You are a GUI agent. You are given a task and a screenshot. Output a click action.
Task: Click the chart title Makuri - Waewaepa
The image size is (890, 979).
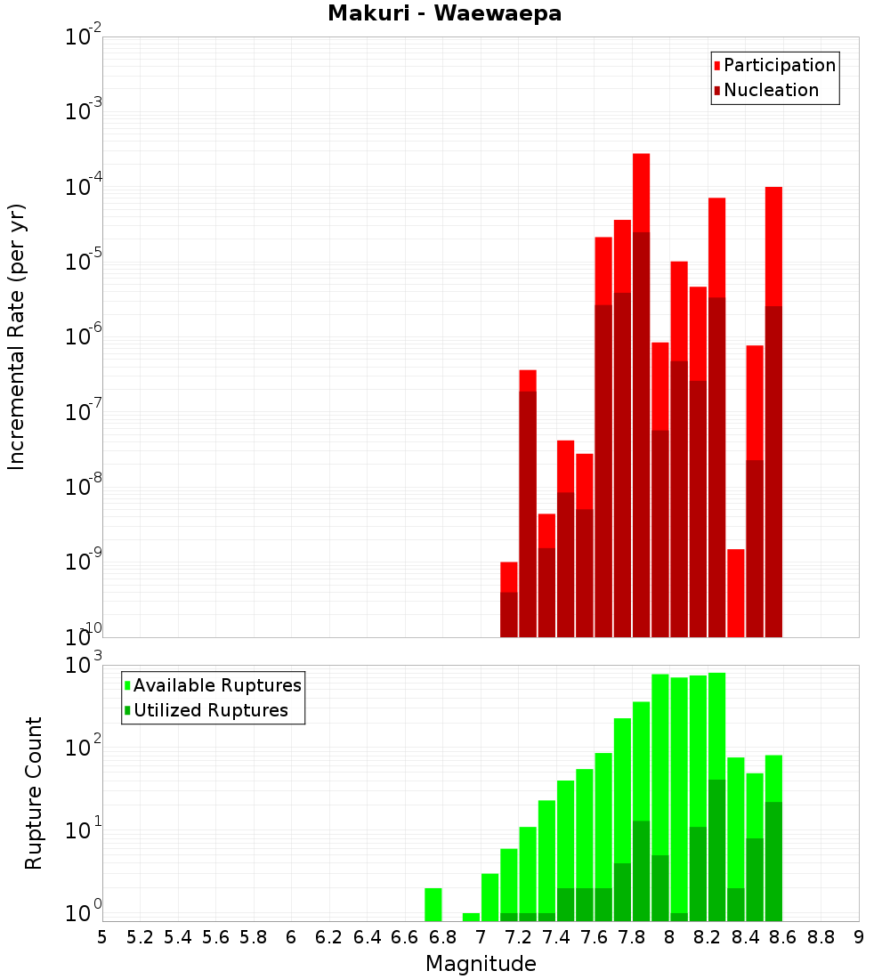tap(445, 13)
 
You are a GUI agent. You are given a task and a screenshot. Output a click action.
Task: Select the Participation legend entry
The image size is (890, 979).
tap(774, 65)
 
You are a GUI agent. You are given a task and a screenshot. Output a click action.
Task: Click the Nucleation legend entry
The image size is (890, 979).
tap(766, 90)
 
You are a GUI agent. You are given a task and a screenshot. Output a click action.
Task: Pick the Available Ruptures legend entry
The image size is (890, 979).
tap(213, 685)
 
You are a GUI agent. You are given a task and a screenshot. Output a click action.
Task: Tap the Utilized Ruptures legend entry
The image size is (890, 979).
tap(206, 710)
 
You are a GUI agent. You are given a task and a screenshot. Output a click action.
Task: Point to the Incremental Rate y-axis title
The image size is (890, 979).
tap(16, 336)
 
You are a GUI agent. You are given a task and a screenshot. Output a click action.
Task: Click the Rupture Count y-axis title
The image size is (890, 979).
tap(33, 793)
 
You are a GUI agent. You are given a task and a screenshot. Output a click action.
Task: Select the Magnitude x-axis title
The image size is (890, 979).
tap(481, 964)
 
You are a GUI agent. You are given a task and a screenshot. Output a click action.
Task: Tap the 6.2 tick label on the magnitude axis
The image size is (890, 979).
tap(328, 938)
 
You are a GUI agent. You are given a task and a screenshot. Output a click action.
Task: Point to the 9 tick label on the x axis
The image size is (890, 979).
tap(859, 938)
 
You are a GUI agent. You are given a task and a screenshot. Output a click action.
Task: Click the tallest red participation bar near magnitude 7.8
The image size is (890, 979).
tap(642, 395)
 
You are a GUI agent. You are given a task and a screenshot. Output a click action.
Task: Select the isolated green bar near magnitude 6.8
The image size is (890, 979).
tap(433, 905)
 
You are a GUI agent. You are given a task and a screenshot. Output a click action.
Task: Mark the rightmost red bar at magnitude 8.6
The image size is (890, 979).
tap(773, 412)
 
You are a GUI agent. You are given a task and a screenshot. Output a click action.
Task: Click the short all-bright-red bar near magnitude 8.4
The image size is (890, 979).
tap(736, 593)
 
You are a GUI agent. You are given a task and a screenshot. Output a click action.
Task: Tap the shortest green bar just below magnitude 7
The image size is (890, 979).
tap(471, 918)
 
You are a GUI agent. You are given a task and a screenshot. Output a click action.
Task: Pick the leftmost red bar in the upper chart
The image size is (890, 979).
tap(509, 599)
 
